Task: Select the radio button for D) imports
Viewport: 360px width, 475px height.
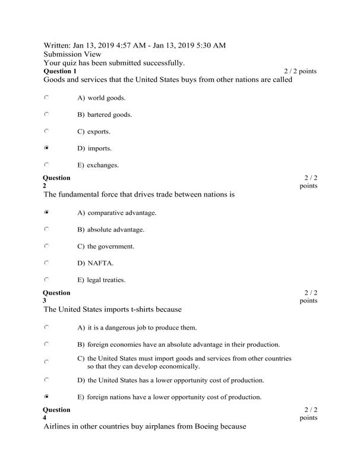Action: (x=47, y=147)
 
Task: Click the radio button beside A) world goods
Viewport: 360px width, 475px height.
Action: (x=47, y=97)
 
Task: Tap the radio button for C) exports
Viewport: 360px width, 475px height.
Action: (x=47, y=131)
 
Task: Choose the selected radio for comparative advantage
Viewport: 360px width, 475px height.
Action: (x=47, y=212)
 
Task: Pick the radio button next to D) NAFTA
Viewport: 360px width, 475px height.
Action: (x=47, y=262)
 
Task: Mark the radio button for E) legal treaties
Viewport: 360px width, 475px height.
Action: (x=47, y=279)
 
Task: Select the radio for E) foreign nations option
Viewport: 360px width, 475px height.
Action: (x=47, y=395)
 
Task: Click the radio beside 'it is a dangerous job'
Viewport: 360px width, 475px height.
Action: (x=47, y=327)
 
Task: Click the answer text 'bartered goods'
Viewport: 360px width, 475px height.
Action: (x=110, y=115)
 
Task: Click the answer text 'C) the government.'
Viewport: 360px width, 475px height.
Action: (x=106, y=246)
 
